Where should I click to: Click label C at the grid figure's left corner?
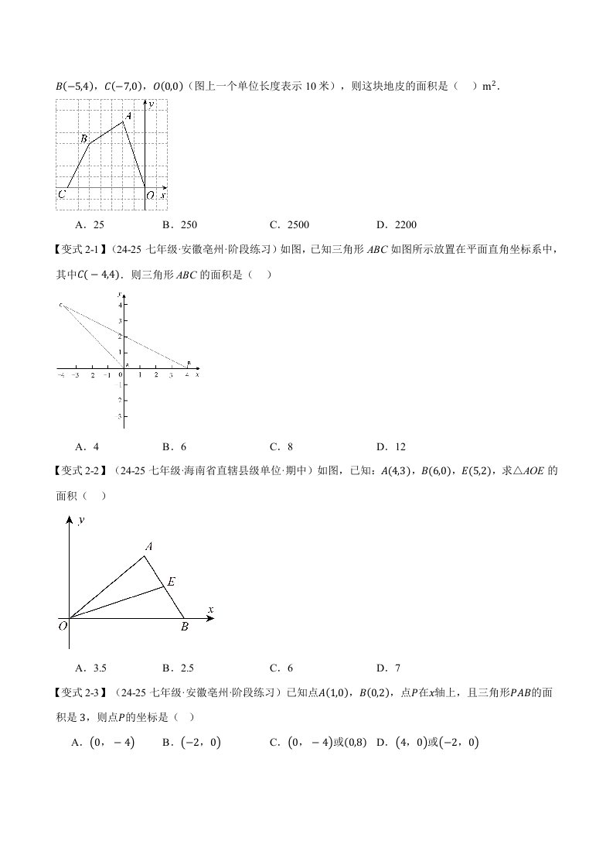(61, 195)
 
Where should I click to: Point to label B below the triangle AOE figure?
(185, 627)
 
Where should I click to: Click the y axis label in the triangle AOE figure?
(80, 521)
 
